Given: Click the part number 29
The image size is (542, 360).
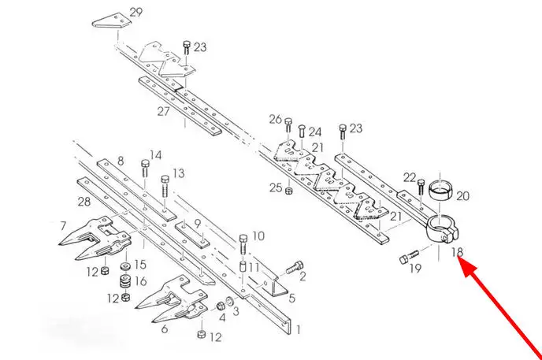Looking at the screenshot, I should (135, 12).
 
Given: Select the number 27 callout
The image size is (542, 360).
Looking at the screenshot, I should (163, 111).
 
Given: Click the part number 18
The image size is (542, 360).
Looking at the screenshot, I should (458, 252).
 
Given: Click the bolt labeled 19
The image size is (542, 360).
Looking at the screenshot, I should (406, 258).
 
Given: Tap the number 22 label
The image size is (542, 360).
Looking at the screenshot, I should (410, 176).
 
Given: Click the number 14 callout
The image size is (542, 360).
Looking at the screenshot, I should (155, 155).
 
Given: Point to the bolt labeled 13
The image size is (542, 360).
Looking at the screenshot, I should (164, 187).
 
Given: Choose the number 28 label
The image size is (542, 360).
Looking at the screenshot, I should (84, 203).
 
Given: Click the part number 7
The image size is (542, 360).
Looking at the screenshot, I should (62, 226).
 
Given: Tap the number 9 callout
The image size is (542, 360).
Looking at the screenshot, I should (199, 223).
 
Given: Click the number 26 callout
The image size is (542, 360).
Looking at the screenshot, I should (275, 119).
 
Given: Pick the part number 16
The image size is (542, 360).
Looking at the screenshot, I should (141, 280).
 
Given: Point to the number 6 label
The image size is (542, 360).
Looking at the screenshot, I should (164, 328).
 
